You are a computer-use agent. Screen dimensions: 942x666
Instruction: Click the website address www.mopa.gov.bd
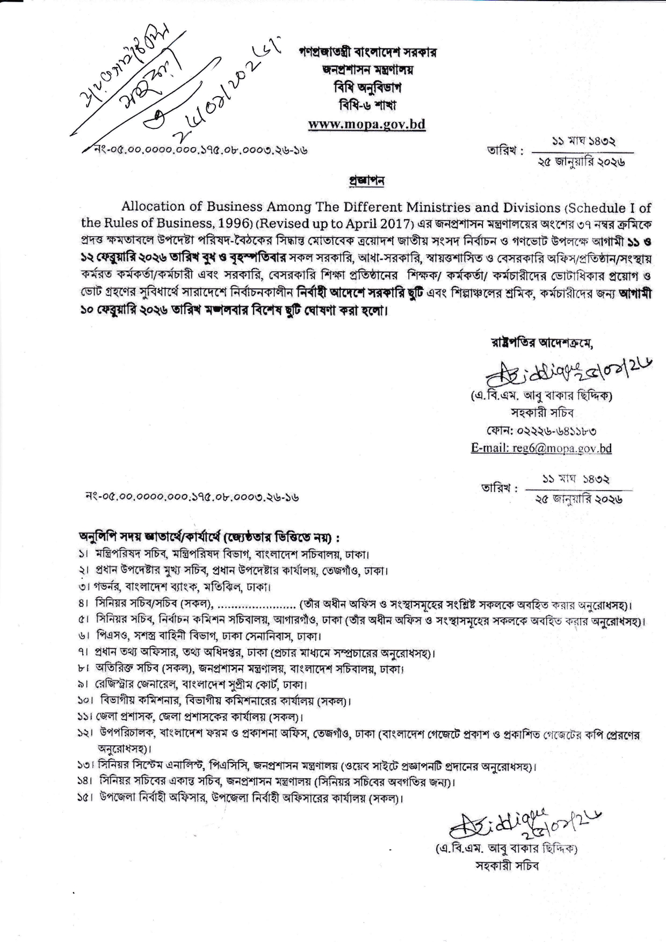click(x=366, y=124)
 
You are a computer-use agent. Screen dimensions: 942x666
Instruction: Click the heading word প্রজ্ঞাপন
click(x=367, y=182)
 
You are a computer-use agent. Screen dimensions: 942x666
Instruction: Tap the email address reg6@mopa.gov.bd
click(x=541, y=448)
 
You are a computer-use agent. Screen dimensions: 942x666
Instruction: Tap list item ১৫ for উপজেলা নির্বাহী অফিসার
click(x=242, y=798)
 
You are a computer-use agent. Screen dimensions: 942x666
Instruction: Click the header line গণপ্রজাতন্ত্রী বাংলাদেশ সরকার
click(x=368, y=52)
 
